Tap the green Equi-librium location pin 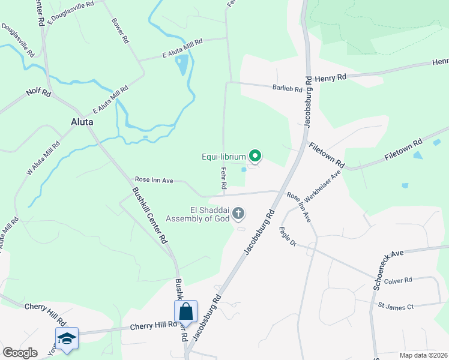(255, 157)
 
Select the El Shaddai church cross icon (238, 213)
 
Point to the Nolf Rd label (37, 93)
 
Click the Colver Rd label (399, 280)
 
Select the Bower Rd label (121, 31)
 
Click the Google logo (20, 353)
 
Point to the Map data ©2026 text (423, 355)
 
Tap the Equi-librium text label (223, 157)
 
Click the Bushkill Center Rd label (149, 215)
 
